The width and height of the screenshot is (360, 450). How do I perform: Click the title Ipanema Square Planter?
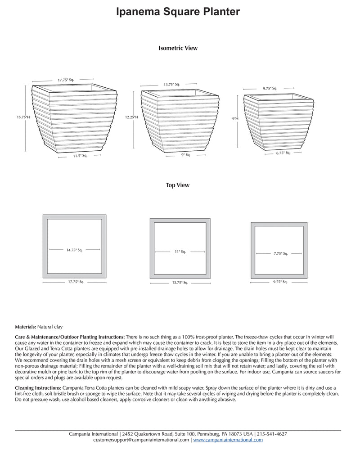pyautogui.click(x=178, y=12)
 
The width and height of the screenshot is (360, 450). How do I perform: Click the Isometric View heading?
pyautogui.click(x=178, y=48)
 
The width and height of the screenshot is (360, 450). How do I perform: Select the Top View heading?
pyautogui.click(x=177, y=185)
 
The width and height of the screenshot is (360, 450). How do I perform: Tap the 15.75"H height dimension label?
pyautogui.click(x=23, y=117)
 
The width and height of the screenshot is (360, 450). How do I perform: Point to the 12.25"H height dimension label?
pyautogui.click(x=131, y=117)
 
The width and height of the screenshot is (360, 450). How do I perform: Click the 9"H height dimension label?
pyautogui.click(x=234, y=118)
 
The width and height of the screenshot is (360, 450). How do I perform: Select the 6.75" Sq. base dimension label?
pyautogui.click(x=283, y=153)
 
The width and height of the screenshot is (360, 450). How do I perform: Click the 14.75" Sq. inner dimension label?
pyautogui.click(x=74, y=250)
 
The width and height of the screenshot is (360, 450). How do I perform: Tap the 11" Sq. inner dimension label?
pyautogui.click(x=180, y=252)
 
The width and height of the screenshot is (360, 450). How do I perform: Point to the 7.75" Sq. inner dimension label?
pyautogui.click(x=280, y=253)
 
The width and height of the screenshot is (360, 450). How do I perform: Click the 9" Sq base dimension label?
pyautogui.click(x=185, y=155)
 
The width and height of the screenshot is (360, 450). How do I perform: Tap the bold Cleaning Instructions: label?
pyautogui.click(x=38, y=387)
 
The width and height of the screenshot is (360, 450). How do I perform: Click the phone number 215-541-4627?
pyautogui.click(x=272, y=434)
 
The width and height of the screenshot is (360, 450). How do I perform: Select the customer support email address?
pyautogui.click(x=141, y=440)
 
